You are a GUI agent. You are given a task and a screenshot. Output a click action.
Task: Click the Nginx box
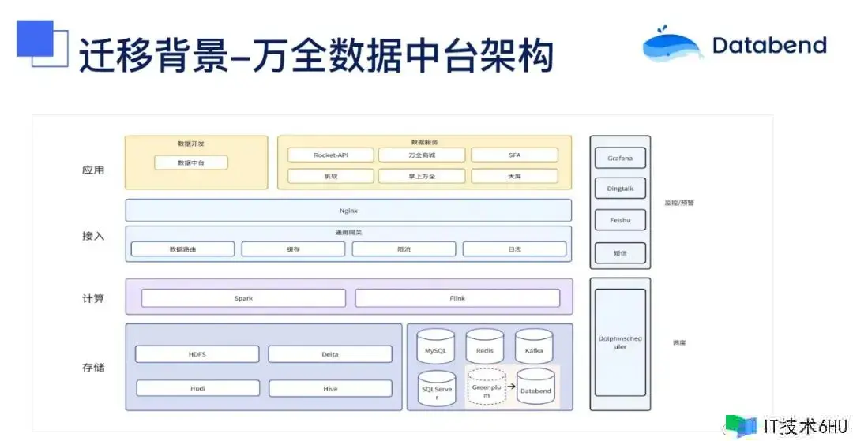[x=348, y=211]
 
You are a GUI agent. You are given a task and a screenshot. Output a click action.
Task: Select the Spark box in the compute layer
[x=243, y=298]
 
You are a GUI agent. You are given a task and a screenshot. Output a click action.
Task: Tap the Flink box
[x=457, y=298]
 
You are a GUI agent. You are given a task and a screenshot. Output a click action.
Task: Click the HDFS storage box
[x=197, y=354]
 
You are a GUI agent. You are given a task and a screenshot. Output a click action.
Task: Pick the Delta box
[x=330, y=354]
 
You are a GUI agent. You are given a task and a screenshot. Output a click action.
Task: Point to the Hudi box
[x=197, y=388]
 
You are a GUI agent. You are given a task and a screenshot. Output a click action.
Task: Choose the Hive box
[x=330, y=388]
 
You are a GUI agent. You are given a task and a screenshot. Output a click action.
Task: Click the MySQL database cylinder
[x=436, y=347]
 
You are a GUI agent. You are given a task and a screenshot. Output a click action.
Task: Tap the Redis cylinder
[x=484, y=347]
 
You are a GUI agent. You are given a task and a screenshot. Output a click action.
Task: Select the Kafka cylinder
[x=534, y=347]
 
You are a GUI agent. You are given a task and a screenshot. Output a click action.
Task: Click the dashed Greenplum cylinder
[x=486, y=387]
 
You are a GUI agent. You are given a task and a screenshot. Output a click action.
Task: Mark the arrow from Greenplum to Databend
[x=510, y=387]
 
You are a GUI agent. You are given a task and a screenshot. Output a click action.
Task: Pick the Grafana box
[x=620, y=159]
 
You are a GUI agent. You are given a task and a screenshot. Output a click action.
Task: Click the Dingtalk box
[x=620, y=190]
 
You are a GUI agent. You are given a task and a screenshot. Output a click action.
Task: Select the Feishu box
[x=620, y=222]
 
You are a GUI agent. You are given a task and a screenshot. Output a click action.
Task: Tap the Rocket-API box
[x=330, y=155]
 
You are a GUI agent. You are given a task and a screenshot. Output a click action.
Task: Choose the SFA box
[x=514, y=155]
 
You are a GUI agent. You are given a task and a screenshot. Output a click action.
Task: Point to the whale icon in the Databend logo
[x=671, y=46]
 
